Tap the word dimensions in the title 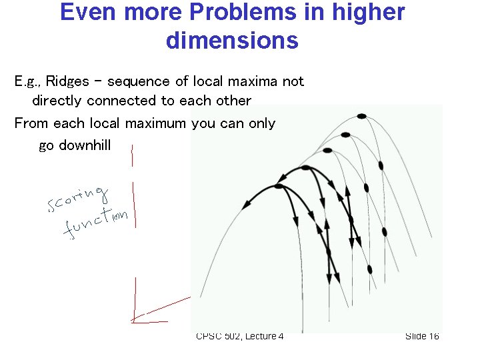[232, 41]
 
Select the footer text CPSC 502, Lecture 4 [239, 336]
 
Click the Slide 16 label [422, 336]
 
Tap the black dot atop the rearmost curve [361, 116]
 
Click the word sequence [138, 81]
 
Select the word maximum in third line [155, 123]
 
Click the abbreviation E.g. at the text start [26, 81]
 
